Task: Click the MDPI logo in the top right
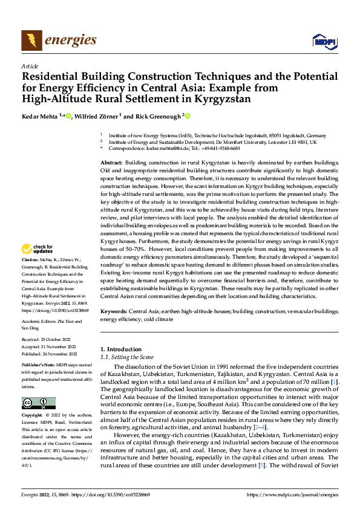322,41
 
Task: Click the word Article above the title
30,66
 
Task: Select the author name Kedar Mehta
39,116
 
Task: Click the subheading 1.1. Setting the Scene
129,357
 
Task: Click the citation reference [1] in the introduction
334,382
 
